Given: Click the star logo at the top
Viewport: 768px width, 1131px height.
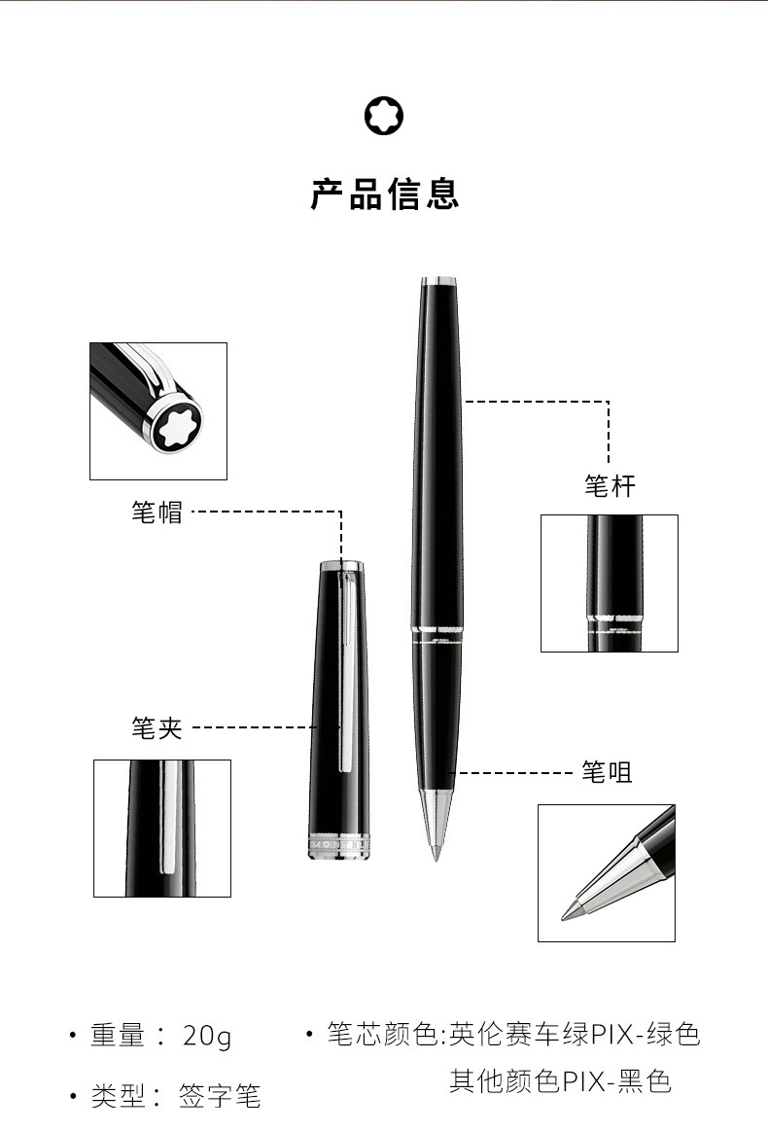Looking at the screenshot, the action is coord(384,116).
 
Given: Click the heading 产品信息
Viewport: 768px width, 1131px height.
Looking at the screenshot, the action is coord(384,194).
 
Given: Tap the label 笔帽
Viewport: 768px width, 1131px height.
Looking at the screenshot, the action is coord(157,512).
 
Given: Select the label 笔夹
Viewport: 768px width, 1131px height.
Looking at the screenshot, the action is coord(157,727).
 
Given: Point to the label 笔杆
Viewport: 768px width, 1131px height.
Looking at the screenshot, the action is coord(610,486).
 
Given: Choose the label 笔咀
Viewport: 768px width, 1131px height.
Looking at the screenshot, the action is coord(608,772).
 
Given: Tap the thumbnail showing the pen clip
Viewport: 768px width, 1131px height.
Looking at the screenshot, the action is coord(162,828).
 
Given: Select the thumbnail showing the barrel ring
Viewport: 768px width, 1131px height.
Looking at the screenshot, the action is coord(610,583).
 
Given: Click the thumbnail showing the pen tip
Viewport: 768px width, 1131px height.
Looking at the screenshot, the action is coord(607,873).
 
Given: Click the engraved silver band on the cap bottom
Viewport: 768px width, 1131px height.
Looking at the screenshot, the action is coord(339,847).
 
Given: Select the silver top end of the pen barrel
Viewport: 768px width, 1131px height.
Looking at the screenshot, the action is coord(439,281).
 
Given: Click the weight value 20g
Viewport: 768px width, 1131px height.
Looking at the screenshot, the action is coord(207,1037).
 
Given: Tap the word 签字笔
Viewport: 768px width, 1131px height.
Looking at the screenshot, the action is coord(220,1096).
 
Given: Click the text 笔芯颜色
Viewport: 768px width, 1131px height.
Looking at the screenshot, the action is coord(382,1034).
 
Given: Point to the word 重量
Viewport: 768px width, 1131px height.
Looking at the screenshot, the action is coord(118,1036).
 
